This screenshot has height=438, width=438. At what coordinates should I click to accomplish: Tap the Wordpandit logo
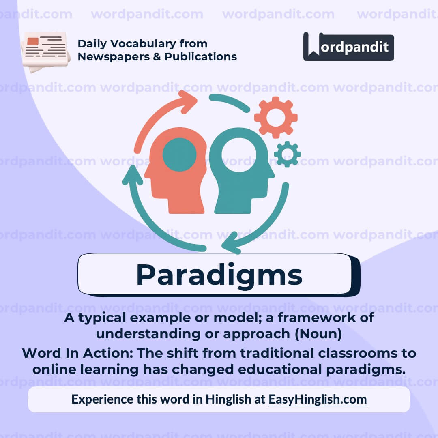tap(348, 47)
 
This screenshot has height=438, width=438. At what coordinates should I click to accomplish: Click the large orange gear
tap(276, 117)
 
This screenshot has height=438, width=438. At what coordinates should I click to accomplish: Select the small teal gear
tap(287, 154)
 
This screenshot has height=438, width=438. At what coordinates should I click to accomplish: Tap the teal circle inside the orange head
tap(179, 155)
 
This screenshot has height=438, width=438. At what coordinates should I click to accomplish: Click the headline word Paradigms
tap(219, 275)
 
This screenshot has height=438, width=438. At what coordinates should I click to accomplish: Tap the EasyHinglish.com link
tap(318, 399)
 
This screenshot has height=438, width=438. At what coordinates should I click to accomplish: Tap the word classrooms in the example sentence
tap(352, 353)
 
